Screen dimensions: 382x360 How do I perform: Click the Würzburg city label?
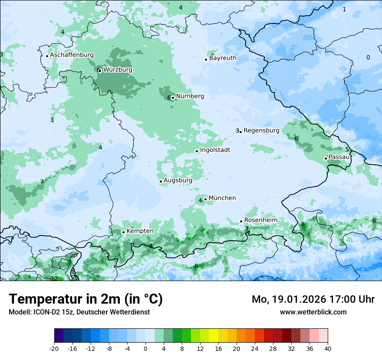pos(118,70)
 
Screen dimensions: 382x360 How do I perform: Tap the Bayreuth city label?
pos(223,58)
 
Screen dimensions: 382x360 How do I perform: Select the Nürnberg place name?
pos(190,96)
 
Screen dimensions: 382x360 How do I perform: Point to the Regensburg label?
pos(261,131)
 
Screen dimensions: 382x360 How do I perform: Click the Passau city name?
pos(339,157)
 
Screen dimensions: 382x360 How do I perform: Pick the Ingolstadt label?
pos(215,150)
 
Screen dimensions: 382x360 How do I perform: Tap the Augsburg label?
pos(178,180)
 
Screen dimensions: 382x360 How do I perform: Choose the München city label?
pos(222,198)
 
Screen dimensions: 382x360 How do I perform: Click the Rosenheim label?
pos(260,220)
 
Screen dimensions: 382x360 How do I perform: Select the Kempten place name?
pos(140,231)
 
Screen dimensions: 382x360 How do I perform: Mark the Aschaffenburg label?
pos(72,55)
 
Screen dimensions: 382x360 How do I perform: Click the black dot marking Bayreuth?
pos(206,59)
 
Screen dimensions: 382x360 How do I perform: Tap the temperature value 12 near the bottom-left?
pos(54,278)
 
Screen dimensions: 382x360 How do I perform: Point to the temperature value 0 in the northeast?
pos(368,57)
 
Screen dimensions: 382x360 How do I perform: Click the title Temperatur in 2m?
pos(86,299)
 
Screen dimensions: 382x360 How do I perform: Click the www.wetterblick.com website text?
pos(313,312)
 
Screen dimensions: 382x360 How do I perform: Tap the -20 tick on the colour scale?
pos(54,348)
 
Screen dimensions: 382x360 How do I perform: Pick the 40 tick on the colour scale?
pos(328,348)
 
